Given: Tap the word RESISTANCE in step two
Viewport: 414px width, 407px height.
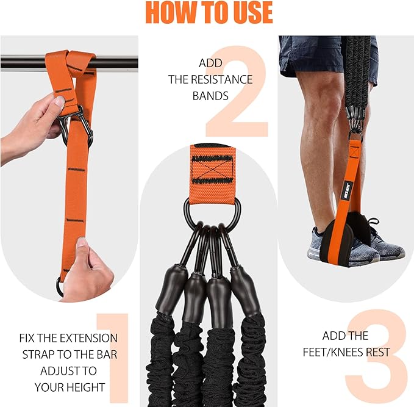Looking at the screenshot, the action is pyautogui.click(x=221, y=79).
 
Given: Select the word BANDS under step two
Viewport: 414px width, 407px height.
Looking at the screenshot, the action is pyautogui.click(x=210, y=96).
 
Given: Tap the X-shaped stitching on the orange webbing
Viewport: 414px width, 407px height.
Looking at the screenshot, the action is pyautogui.click(x=212, y=170).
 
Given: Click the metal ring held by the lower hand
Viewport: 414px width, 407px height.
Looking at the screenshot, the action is pyautogui.click(x=60, y=287).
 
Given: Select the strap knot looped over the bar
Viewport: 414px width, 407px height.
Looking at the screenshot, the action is pyautogui.click(x=71, y=63).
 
